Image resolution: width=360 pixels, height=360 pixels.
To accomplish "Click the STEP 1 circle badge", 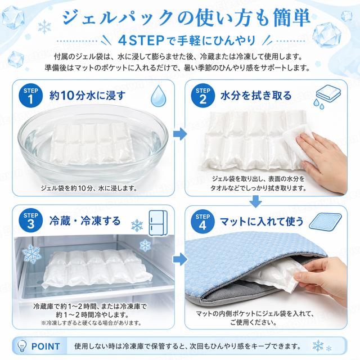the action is [30, 96].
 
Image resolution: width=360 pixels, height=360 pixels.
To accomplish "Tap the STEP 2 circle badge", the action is [202, 96].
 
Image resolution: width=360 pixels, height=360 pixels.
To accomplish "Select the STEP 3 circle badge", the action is [30, 220].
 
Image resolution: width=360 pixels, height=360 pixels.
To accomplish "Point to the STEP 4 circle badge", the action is [202, 222].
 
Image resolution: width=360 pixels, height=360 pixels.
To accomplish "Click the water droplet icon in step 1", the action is [158, 96].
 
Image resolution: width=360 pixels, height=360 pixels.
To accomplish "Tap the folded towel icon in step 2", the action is [327, 96].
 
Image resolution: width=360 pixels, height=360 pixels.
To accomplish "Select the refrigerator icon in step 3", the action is [158, 223].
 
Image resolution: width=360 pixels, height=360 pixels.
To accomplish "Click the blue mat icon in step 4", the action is [325, 221].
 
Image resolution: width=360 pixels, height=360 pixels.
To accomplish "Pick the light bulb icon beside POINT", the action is [22, 346].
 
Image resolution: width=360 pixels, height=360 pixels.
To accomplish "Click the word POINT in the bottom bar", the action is [46, 346].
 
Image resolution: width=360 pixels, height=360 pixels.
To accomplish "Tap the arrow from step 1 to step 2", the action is [180, 134].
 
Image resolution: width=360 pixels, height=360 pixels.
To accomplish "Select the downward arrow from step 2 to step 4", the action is [255, 201].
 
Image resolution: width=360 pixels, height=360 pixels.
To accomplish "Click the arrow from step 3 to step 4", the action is [180, 259].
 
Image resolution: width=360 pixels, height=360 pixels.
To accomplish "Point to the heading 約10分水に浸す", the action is [88, 96].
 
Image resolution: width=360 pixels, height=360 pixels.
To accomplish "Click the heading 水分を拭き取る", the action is [256, 96].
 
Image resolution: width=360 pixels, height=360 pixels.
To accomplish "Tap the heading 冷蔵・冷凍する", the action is [85, 221].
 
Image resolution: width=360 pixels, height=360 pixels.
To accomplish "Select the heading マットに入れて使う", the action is [262, 222].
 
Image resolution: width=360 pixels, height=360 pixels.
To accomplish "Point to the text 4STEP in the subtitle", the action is [141, 40].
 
